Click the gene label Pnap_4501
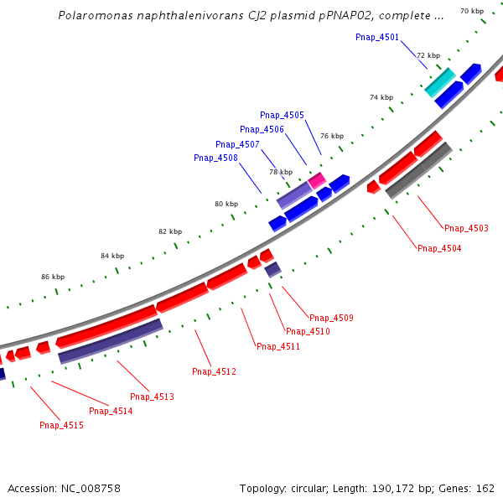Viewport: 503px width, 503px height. tap(377, 37)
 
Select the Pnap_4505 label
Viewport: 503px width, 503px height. tap(282, 115)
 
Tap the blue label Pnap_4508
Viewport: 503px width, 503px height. tap(215, 158)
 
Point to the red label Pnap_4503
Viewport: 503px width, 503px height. tap(466, 228)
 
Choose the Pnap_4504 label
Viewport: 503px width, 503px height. tap(439, 248)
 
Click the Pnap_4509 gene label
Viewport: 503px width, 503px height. tap(331, 318)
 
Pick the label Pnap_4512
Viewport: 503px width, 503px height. tap(214, 371)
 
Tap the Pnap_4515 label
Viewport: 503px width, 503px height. tap(61, 425)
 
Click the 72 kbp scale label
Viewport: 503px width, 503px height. tap(428, 55)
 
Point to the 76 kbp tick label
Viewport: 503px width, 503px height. tap(331, 136)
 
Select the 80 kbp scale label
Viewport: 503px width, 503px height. tap(226, 204)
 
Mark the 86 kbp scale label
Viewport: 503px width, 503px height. tap(53, 276)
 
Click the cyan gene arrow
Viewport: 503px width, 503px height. tap(440, 82)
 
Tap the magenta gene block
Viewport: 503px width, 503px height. tap(317, 179)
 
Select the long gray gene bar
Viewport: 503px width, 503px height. tap(418, 171)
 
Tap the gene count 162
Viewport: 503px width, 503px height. tap(485, 488)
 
